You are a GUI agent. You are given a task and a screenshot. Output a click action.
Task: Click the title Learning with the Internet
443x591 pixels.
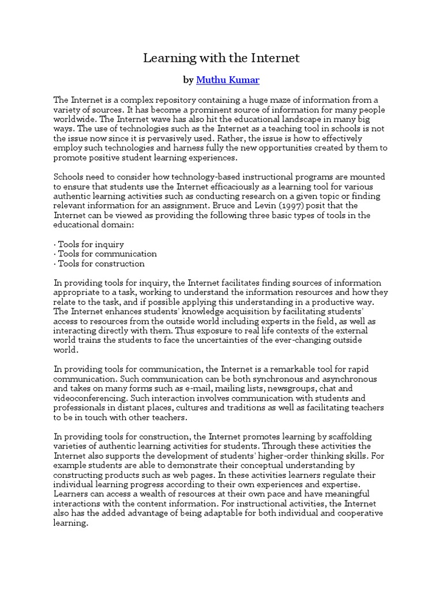[221, 58]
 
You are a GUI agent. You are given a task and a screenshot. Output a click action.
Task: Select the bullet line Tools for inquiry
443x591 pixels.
[89, 244]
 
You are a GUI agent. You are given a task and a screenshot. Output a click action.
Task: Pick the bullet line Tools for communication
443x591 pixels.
[105, 254]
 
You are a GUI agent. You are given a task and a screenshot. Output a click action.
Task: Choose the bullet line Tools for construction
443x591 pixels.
[99, 264]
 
